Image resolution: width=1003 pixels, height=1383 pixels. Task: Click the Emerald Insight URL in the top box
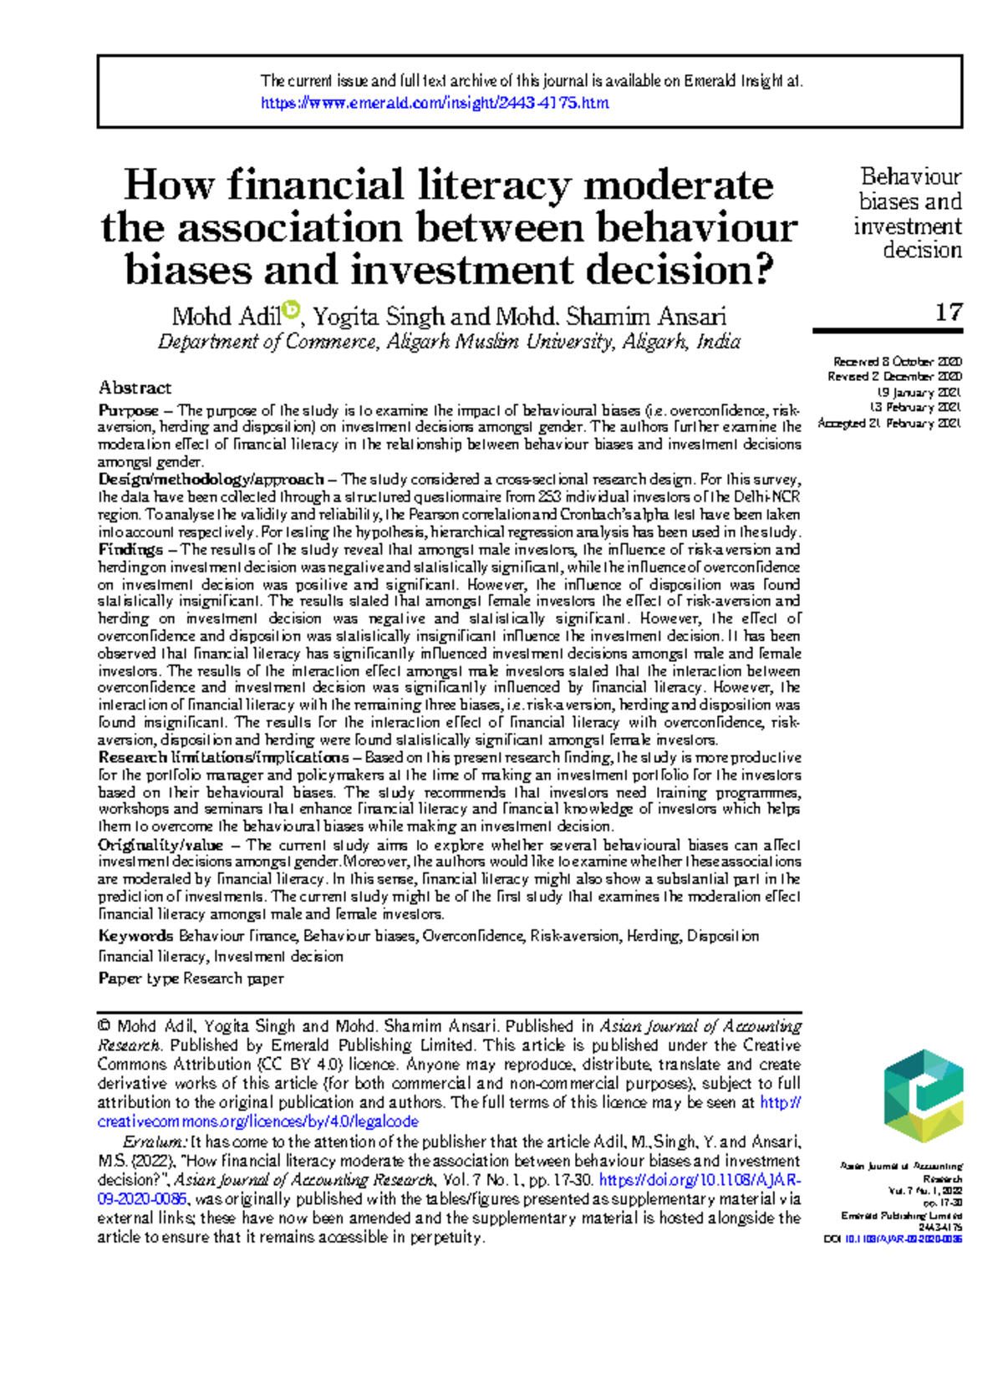click(435, 103)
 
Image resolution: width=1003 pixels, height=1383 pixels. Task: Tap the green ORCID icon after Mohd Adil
click(291, 311)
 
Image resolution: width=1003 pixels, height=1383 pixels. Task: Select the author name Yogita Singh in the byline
click(378, 317)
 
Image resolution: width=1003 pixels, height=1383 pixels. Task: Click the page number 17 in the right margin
click(948, 313)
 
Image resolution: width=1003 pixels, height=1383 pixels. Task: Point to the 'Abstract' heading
click(135, 388)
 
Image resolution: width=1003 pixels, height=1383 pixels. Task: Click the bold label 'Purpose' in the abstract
click(128, 410)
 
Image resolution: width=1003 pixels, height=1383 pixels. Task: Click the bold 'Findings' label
click(130, 550)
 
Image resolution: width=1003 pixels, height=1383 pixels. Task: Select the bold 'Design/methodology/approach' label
click(211, 480)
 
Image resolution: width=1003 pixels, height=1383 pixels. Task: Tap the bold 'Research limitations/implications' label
click(223, 758)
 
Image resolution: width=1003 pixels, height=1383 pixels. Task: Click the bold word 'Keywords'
click(135, 936)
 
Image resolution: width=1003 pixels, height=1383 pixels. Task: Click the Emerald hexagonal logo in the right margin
click(923, 1096)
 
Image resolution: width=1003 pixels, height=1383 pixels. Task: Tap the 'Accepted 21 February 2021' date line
click(889, 424)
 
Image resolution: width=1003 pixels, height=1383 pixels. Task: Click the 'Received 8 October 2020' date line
click(897, 362)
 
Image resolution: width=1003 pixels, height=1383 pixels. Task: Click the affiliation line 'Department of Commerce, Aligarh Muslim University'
click(449, 342)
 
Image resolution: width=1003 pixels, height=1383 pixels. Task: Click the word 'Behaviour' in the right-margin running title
click(910, 177)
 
